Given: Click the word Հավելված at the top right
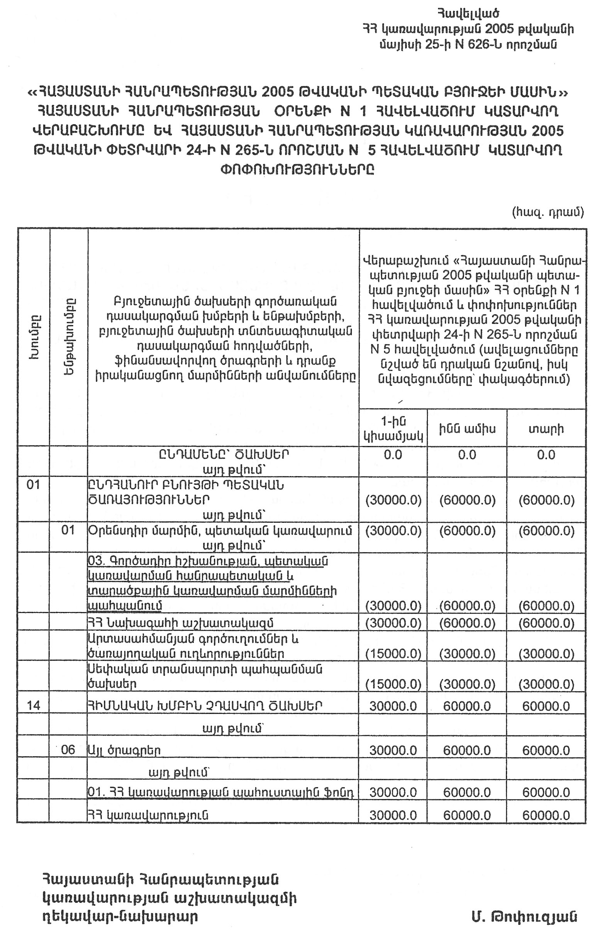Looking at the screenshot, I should click(468, 14).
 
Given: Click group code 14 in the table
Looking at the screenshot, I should click(34, 705).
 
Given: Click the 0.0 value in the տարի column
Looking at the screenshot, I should click(546, 455).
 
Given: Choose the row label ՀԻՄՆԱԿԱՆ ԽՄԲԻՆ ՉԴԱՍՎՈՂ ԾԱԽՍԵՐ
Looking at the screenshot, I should click(205, 705).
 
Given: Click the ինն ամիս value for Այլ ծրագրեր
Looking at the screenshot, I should click(467, 750).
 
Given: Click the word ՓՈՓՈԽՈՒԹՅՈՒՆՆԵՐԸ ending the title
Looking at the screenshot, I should click(298, 170).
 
